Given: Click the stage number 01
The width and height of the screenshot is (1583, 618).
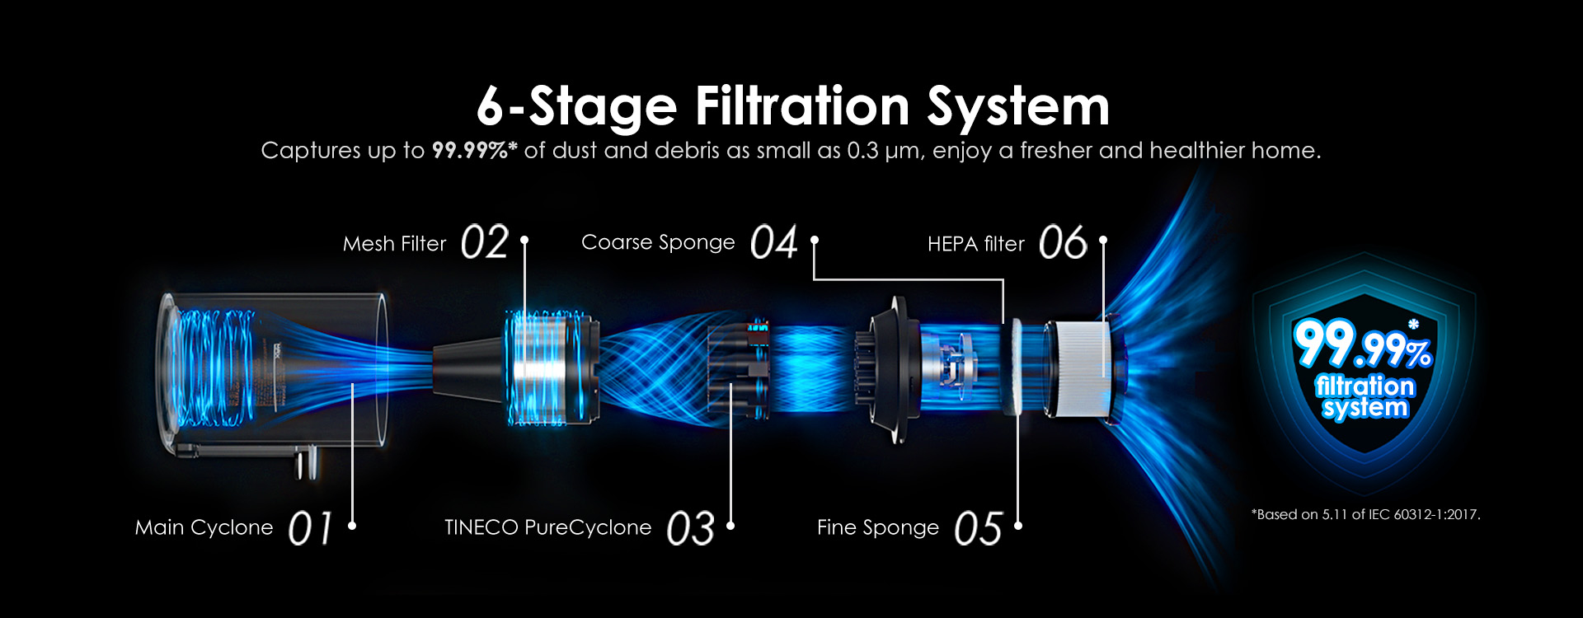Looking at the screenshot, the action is (x=310, y=528).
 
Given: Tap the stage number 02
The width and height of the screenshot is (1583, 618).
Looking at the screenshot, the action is (x=485, y=243).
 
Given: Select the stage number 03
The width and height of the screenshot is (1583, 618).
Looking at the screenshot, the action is (x=690, y=528).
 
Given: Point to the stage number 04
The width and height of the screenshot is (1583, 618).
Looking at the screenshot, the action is (x=774, y=243).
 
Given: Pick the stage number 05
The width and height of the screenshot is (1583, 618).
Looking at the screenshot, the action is (x=978, y=528).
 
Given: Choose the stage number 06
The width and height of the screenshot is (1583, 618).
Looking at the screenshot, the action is (x=1063, y=243).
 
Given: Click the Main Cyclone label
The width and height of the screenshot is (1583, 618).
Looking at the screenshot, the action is (x=204, y=527).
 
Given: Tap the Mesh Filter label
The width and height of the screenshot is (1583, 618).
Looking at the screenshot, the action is (x=394, y=244).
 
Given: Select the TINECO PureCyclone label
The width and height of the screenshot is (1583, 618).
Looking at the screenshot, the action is (x=547, y=527).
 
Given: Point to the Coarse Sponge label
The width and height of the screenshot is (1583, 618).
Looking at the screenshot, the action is (x=658, y=243).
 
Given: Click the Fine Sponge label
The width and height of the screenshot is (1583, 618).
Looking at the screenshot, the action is (x=878, y=528).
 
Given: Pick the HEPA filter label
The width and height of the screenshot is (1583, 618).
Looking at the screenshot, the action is (x=976, y=244).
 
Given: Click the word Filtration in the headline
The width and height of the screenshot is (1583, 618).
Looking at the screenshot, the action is (x=801, y=107).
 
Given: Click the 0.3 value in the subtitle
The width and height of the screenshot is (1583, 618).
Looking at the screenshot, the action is (x=863, y=151).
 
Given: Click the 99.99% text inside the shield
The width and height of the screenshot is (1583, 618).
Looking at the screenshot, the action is (x=1363, y=344).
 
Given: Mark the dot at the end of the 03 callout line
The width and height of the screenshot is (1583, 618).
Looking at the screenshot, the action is (x=730, y=526).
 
